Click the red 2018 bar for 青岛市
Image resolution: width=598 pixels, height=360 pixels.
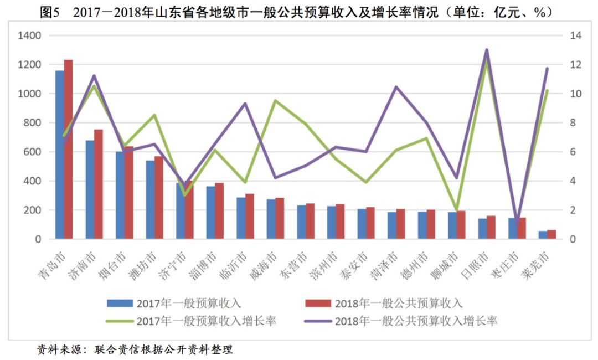(x=68, y=150)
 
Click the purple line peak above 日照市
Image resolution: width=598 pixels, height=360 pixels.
(x=487, y=50)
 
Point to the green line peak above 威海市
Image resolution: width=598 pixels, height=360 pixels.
(x=275, y=100)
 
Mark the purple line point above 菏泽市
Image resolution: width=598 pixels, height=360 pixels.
(x=396, y=87)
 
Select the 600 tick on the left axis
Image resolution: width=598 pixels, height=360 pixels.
(x=33, y=152)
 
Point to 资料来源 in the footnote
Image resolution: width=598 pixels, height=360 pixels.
(x=55, y=349)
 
